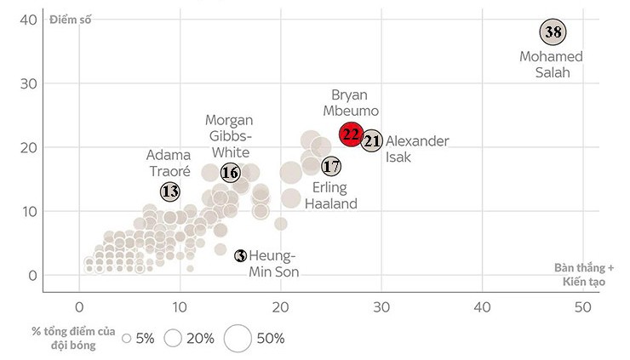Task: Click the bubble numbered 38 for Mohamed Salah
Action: tap(553, 33)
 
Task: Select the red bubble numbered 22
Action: tap(351, 134)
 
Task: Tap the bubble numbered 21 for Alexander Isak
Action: tap(372, 141)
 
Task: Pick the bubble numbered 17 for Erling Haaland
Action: tap(331, 166)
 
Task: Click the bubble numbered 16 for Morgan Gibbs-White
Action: tap(231, 173)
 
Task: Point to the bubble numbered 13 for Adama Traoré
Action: tap(170, 191)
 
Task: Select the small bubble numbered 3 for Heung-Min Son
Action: tap(241, 255)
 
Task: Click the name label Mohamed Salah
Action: tap(551, 65)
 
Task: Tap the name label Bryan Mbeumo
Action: tap(355, 103)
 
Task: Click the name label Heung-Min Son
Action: tap(273, 264)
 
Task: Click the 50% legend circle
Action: tap(238, 338)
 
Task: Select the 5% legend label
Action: tap(144, 338)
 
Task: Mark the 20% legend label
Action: tap(200, 338)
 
